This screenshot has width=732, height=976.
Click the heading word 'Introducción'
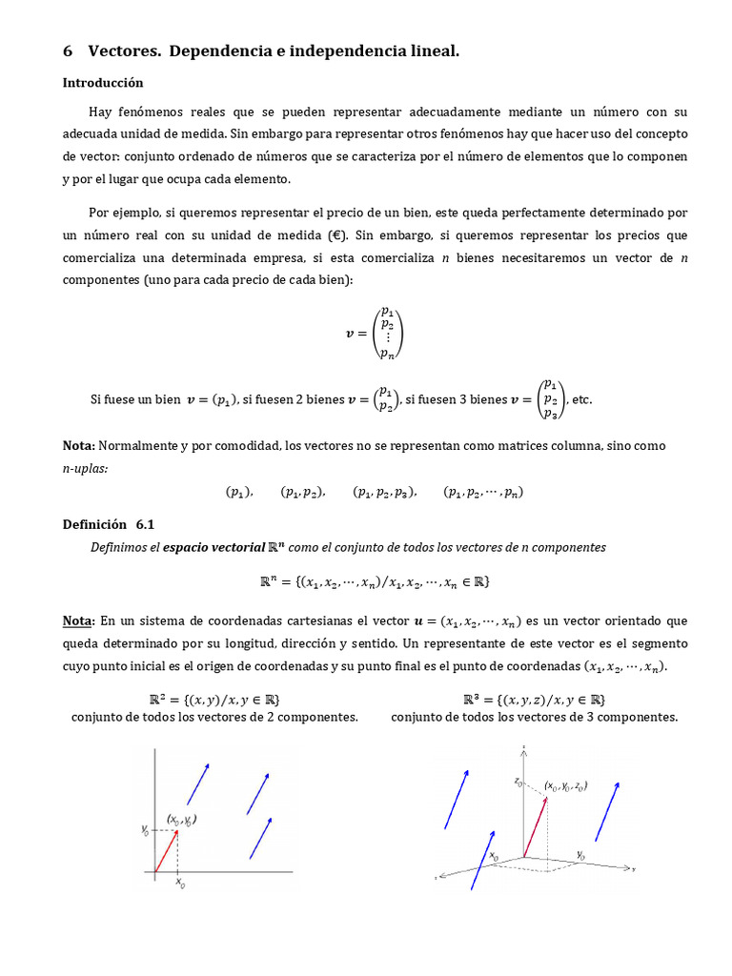point(103,83)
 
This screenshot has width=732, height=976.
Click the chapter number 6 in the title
point(68,51)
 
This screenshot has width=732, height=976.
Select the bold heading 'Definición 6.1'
point(108,524)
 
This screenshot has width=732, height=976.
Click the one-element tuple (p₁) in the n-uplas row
point(238,493)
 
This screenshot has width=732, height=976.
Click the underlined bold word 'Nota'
point(76,621)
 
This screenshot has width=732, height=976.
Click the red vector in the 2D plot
point(166,851)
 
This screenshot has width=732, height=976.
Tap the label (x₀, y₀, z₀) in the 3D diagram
point(565,786)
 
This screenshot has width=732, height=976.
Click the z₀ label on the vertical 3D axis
point(518,782)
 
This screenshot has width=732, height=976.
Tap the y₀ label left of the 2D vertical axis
point(145,831)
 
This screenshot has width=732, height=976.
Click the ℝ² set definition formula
point(214,699)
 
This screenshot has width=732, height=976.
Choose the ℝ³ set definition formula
point(534,699)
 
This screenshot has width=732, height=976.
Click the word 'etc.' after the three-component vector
point(580,399)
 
